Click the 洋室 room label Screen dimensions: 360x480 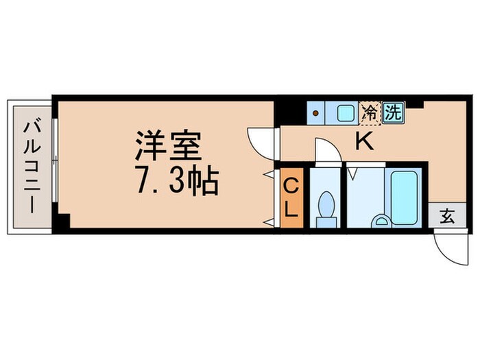pyautogui.click(x=167, y=146)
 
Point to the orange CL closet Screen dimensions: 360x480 pyautogui.click(x=291, y=197)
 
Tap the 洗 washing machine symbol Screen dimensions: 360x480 pyautogui.click(x=392, y=112)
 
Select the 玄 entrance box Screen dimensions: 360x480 pyautogui.click(x=446, y=217)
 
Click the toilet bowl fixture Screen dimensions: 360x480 pyautogui.click(x=326, y=205)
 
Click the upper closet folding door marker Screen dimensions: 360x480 pyautogui.click(x=269, y=176)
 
